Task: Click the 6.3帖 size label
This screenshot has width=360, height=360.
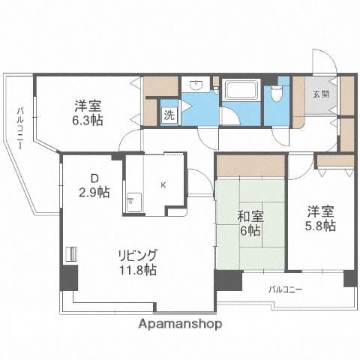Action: pos(88,121)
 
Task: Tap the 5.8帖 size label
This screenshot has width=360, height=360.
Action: pos(320,225)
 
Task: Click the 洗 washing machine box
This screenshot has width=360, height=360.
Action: pos(169,115)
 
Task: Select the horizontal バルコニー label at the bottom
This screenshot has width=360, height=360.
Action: pos(285,288)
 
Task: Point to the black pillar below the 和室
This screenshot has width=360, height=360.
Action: pos(227,281)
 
